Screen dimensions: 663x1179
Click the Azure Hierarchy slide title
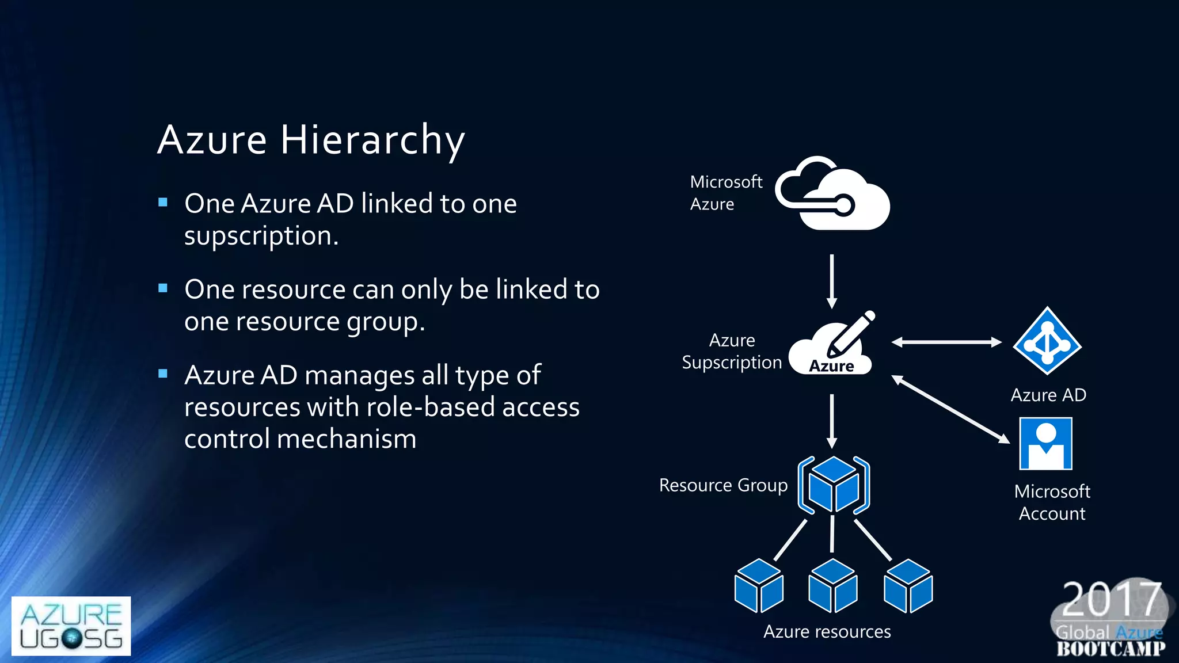(311, 140)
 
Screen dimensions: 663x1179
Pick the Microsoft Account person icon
(1045, 444)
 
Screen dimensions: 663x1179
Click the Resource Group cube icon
(834, 485)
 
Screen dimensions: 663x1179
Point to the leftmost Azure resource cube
(759, 585)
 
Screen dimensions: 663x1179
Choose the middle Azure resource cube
(832, 585)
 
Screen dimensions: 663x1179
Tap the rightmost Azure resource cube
(908, 585)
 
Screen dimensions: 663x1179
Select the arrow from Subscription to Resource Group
(832, 421)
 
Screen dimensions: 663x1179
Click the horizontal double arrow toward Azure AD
(946, 342)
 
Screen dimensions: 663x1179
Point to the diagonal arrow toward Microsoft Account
(950, 409)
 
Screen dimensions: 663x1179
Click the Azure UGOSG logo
(71, 626)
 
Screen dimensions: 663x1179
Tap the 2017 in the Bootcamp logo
(1110, 599)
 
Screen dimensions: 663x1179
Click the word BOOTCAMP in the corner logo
(1110, 649)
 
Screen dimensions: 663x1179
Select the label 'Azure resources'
(827, 632)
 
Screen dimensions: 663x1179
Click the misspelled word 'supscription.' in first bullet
(261, 236)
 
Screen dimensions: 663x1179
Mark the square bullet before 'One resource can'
(163, 288)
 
